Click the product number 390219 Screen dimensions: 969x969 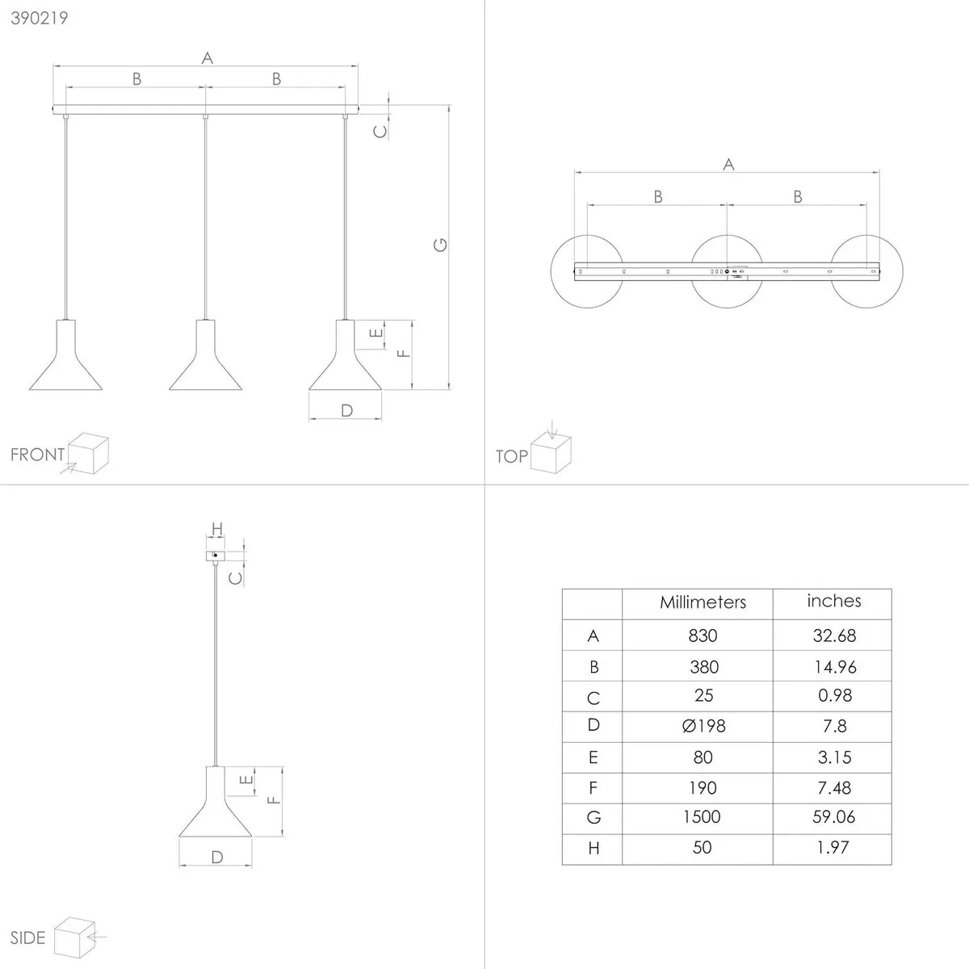[x=40, y=18]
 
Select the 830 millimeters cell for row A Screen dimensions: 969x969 [x=703, y=636]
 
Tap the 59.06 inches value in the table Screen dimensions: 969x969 [x=833, y=816]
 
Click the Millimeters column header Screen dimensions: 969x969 [x=703, y=602]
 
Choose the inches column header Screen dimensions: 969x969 [x=833, y=601]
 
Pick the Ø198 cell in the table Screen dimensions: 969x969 [x=703, y=726]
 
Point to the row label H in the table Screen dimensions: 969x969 [x=594, y=849]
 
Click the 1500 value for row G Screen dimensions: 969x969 [x=702, y=816]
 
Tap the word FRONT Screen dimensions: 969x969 [x=37, y=455]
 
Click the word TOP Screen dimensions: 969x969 [x=511, y=456]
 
